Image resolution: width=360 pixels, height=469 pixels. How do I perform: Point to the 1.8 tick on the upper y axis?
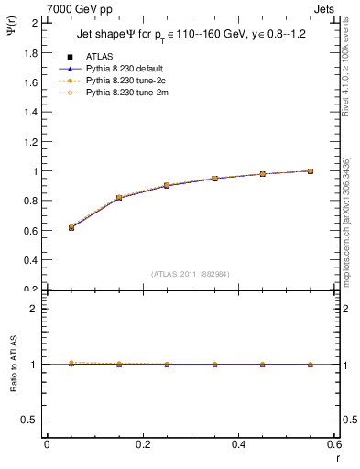[x=31, y=52]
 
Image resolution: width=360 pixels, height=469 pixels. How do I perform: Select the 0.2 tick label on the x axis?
[x=142, y=444]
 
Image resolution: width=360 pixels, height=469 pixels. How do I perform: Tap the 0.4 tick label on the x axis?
[x=238, y=444]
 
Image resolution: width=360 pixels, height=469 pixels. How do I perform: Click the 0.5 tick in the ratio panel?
[x=31, y=420]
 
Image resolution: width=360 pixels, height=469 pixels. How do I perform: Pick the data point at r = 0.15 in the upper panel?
[x=119, y=198]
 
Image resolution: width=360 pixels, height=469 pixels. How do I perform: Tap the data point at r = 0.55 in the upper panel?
[x=311, y=171]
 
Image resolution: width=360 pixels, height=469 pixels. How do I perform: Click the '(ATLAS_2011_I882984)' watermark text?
[x=190, y=274]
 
